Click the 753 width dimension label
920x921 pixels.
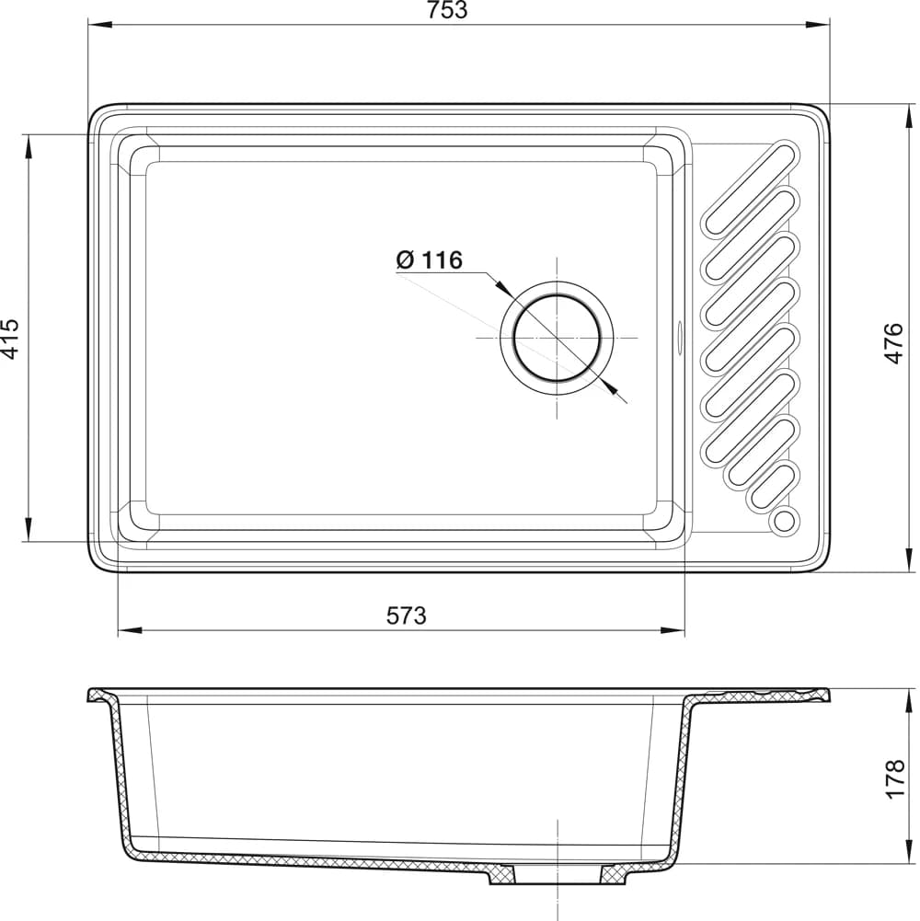447,10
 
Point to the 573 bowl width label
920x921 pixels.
406,616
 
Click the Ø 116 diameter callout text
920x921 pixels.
430,259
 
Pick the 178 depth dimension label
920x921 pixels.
895,778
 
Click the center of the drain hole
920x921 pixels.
557,338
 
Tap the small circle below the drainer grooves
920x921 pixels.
785,521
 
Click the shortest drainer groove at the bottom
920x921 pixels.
773,487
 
